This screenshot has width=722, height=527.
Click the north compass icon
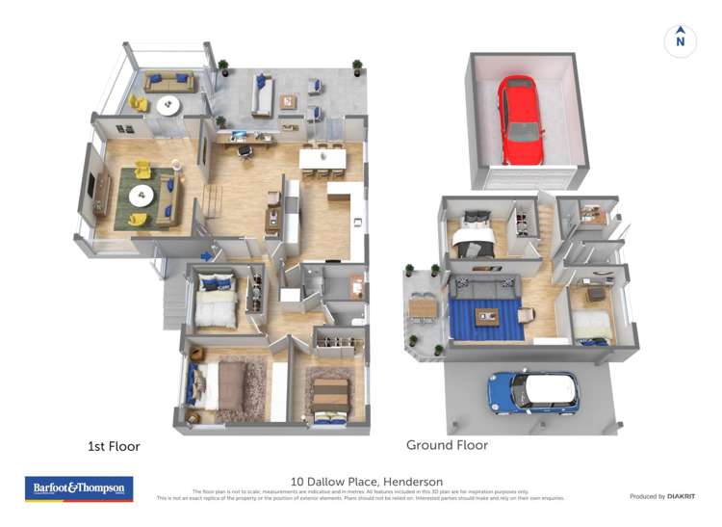(681, 40)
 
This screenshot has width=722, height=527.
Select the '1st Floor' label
(114, 446)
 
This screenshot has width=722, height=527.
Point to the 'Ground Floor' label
(447, 445)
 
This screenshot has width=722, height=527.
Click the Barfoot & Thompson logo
(79, 488)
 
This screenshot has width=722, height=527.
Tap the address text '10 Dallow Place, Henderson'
(367, 482)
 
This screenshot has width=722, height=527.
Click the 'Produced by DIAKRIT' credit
(662, 496)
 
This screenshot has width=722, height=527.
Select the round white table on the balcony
(168, 104)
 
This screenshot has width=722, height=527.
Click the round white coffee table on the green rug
(142, 196)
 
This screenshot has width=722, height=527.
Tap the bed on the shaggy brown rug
(230, 386)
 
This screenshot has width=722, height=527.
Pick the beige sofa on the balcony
(169, 82)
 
